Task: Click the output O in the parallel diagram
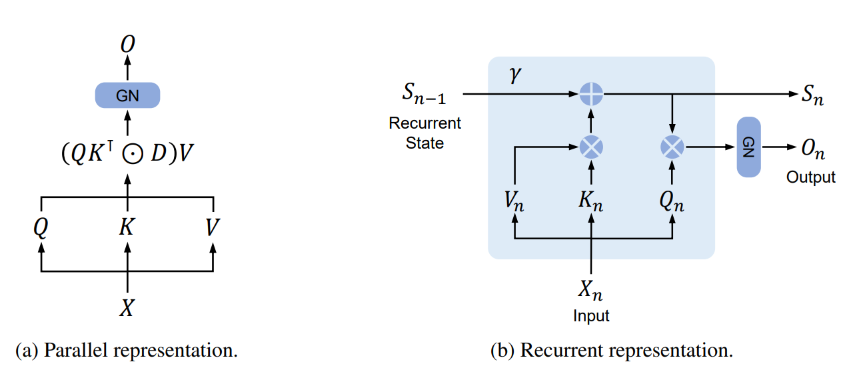click(x=127, y=45)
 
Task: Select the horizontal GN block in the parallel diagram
click(x=127, y=95)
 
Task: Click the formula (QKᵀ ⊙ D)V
click(x=127, y=153)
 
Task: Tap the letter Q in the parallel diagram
click(x=41, y=228)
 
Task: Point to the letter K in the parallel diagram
click(x=127, y=228)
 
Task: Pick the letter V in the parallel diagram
click(x=213, y=228)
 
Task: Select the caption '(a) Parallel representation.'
click(x=127, y=350)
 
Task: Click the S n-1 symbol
click(x=424, y=95)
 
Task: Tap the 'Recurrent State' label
click(x=424, y=133)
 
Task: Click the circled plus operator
click(x=591, y=95)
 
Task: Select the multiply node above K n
click(x=591, y=147)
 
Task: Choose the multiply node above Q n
click(x=672, y=147)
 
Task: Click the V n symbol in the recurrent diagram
click(x=513, y=201)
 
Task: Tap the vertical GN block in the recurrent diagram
click(x=748, y=147)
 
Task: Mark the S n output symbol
click(x=812, y=96)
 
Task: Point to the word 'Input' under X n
click(x=591, y=315)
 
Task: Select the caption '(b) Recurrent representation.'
click(x=612, y=350)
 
